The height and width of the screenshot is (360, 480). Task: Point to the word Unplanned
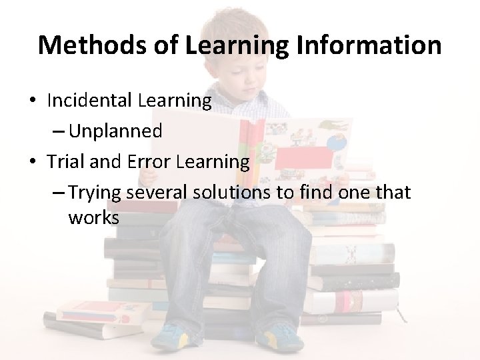pyautogui.click(x=115, y=131)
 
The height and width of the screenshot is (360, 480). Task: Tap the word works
pyautogui.click(x=93, y=218)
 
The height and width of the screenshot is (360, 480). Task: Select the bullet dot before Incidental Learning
pyautogui.click(x=32, y=101)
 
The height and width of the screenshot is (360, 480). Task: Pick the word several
pyautogui.click(x=157, y=193)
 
